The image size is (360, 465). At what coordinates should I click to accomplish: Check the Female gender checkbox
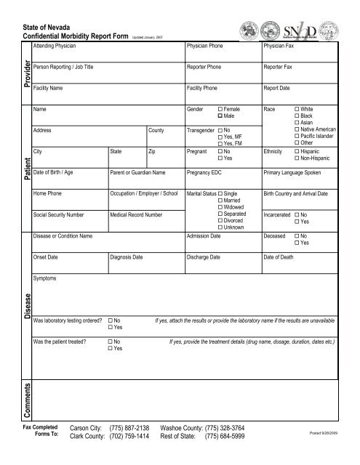(220, 108)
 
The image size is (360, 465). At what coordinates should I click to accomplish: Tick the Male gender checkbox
(220, 116)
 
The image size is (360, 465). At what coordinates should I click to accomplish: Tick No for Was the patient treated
(110, 341)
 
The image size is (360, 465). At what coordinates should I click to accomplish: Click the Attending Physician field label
(53, 45)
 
